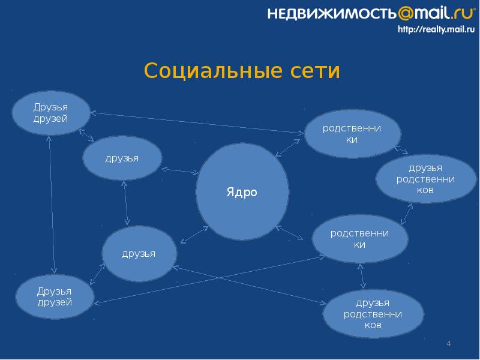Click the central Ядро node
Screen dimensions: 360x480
coord(242,193)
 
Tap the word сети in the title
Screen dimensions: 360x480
coord(314,71)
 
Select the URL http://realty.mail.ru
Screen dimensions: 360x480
coord(434,29)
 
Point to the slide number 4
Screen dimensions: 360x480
coord(448,343)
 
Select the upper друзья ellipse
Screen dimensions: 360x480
coord(122,158)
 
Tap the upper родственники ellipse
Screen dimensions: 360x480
coord(352,134)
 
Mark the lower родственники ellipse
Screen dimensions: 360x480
coord(360,239)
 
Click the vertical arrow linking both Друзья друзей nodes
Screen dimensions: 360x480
coord(52,204)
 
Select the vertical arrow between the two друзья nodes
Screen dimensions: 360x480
coord(125,203)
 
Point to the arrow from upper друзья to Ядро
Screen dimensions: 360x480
coord(180,170)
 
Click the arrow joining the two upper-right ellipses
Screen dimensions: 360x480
coord(401,150)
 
